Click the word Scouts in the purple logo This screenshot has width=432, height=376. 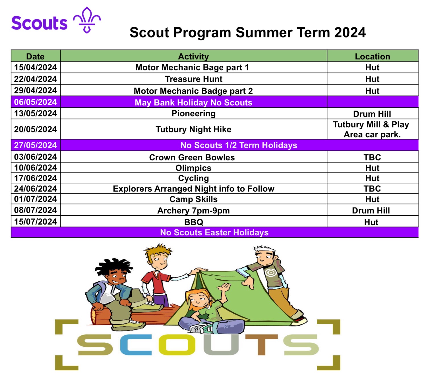(39, 23)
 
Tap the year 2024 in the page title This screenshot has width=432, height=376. (350, 32)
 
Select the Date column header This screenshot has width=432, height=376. (35, 56)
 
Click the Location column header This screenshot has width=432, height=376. (372, 56)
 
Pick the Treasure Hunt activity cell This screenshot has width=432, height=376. (193, 79)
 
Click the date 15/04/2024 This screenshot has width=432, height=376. (35, 67)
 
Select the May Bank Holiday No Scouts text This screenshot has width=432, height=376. (193, 102)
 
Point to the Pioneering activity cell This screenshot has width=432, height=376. (193, 113)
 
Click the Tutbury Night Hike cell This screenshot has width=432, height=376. (193, 129)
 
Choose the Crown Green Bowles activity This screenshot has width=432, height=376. (192, 157)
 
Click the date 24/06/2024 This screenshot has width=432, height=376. (35, 188)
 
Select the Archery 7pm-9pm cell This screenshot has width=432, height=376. (193, 210)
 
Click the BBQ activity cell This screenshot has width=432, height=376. (193, 222)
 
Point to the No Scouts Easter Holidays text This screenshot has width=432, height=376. (214, 232)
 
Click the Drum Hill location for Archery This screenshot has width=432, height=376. (371, 210)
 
